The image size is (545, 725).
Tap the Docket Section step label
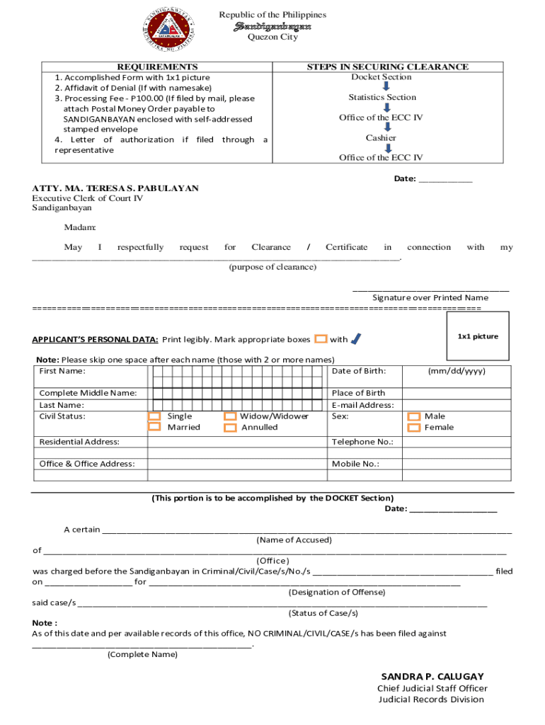pyautogui.click(x=381, y=77)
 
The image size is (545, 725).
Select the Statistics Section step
pyautogui.click(x=382, y=98)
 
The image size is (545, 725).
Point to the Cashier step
pyautogui.click(x=381, y=138)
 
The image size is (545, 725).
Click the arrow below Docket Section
pyautogui.click(x=381, y=87)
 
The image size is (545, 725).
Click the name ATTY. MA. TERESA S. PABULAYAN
pyautogui.click(x=115, y=188)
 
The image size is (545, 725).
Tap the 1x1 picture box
pyautogui.click(x=478, y=336)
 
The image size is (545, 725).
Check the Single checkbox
pyautogui.click(x=154, y=416)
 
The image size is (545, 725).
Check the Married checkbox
pyautogui.click(x=154, y=427)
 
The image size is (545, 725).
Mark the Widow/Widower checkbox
pyautogui.click(x=229, y=416)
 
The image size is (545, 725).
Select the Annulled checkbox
pyautogui.click(x=229, y=428)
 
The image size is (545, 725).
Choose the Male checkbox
pyautogui.click(x=414, y=417)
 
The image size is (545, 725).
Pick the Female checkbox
pyautogui.click(x=414, y=428)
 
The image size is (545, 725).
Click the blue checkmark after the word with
pyautogui.click(x=356, y=339)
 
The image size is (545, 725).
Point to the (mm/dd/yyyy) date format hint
pyautogui.click(x=457, y=371)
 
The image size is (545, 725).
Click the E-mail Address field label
pyautogui.click(x=362, y=405)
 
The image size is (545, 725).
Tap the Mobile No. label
pyautogui.click(x=355, y=464)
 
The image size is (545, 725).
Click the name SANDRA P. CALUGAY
pyautogui.click(x=432, y=676)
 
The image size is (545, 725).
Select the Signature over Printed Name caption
pyautogui.click(x=430, y=298)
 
